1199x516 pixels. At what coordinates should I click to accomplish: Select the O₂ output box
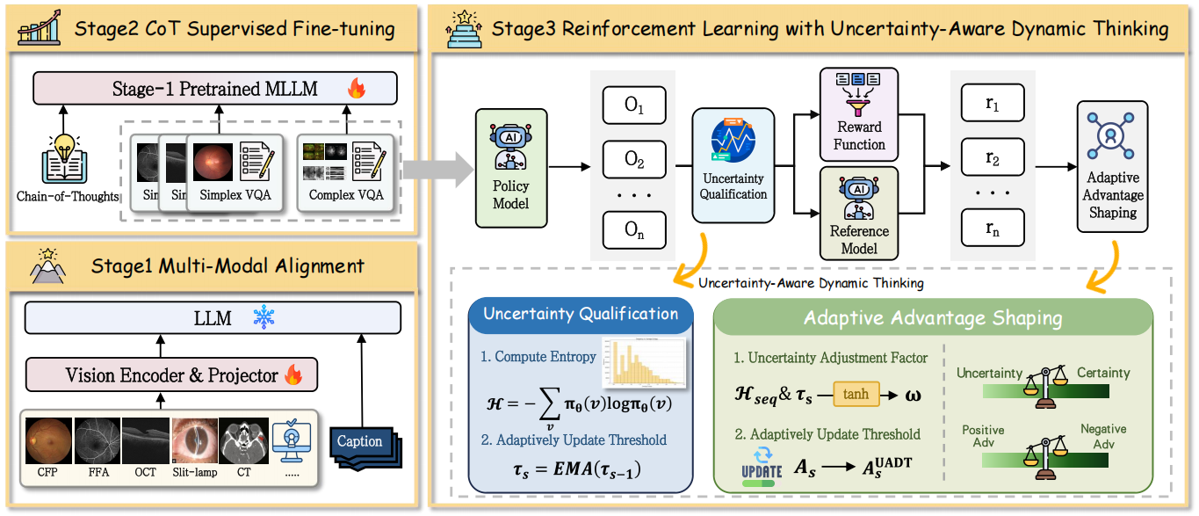point(634,159)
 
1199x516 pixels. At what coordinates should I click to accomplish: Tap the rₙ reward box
point(993,228)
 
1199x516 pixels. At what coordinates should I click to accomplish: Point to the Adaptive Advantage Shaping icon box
point(1112,166)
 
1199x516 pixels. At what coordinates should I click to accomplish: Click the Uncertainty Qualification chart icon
point(733,141)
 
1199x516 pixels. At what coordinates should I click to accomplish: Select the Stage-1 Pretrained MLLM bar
point(214,89)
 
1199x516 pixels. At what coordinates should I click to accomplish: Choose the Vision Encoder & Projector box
point(170,374)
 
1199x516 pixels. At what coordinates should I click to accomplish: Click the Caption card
point(360,442)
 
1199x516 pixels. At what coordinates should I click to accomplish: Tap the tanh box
point(856,395)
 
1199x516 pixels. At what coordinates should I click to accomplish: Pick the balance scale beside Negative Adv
point(1045,454)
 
